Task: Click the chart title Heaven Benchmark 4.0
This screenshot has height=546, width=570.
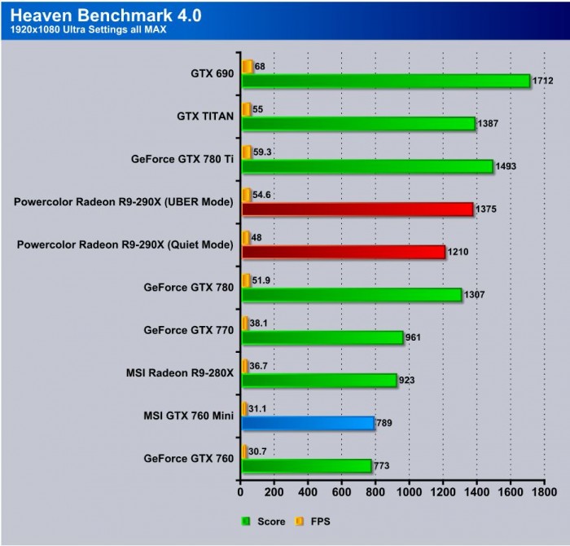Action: pos(106,15)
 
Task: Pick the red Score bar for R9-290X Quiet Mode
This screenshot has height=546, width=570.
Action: pos(343,252)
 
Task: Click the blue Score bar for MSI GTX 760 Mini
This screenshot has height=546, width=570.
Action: pos(307,423)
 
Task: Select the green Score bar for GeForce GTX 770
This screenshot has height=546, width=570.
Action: pos(322,337)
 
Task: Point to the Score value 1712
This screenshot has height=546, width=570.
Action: pos(543,81)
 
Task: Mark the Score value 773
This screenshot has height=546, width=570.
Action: pos(384,466)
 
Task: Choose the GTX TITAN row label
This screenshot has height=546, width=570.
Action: pos(205,117)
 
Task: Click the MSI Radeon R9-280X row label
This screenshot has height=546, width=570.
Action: pos(180,373)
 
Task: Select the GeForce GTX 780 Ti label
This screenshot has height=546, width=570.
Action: pos(182,159)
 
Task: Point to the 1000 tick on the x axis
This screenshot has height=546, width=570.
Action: pos(410,493)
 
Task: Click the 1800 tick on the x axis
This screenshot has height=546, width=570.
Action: pos(545,493)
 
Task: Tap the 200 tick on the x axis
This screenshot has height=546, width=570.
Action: pos(274,493)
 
